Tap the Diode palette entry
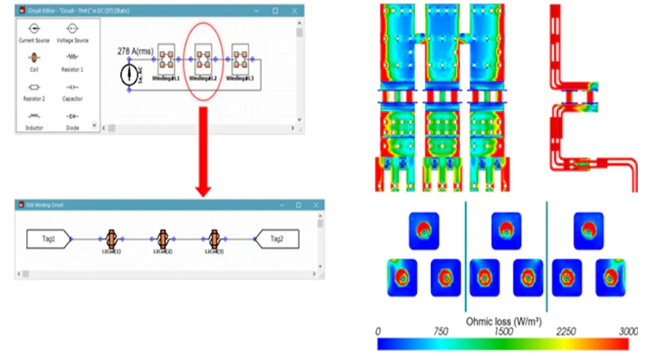(x=73, y=117)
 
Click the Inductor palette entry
(x=34, y=117)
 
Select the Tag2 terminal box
(x=276, y=239)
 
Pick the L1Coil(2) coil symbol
(x=162, y=238)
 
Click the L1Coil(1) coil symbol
(x=111, y=238)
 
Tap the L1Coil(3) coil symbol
(x=214, y=238)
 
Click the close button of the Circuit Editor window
(x=295, y=11)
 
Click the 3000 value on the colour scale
(x=628, y=331)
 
